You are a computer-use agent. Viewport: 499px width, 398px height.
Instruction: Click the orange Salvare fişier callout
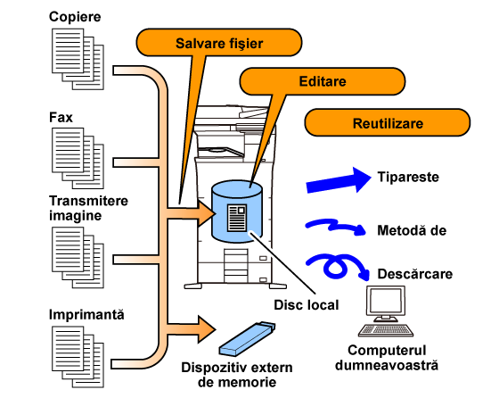coord(219,42)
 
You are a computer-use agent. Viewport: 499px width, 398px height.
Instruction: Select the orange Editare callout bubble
coord(323,81)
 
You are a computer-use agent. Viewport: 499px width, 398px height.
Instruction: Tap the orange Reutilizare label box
coord(388,122)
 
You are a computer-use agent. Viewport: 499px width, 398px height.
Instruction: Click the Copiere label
coord(75,17)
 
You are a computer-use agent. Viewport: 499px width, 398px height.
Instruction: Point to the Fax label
coord(61,117)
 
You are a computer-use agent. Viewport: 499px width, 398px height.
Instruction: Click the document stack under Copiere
coord(78,59)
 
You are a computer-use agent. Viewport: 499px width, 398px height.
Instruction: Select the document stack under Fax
coord(78,158)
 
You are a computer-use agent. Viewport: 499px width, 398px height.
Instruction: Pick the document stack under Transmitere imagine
coord(78,258)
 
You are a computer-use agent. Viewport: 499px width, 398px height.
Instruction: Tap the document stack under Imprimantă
coord(78,357)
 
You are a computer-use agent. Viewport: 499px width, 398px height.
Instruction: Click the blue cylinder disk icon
coord(237,211)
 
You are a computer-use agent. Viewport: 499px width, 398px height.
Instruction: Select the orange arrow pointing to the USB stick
coord(191,329)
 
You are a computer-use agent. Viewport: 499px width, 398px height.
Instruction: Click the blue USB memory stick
coord(247,339)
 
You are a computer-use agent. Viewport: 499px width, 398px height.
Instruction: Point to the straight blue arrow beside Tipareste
coord(339,180)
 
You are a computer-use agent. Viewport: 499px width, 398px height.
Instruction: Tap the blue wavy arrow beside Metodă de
coord(336,227)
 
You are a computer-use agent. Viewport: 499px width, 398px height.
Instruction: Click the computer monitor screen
coord(386,301)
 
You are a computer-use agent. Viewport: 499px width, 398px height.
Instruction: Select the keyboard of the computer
coord(386,330)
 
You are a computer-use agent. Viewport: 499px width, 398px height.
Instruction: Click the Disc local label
coord(307,305)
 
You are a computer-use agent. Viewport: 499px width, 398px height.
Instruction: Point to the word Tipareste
coord(408,177)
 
